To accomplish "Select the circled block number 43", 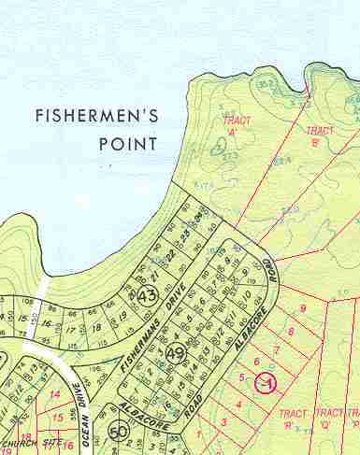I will [146, 296].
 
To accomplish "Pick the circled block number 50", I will [118, 432].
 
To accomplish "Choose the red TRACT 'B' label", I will [319, 136].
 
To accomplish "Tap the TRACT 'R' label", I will [293, 418].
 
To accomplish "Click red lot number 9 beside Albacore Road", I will [302, 309].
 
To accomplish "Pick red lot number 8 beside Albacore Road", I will [290, 331].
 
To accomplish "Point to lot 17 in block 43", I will [69, 330].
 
